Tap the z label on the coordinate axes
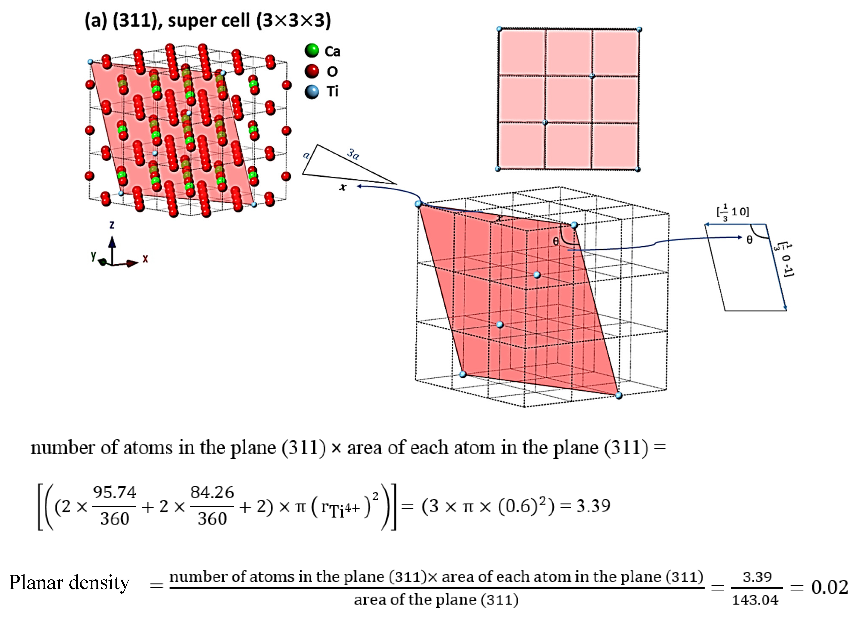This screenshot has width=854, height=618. coord(112,225)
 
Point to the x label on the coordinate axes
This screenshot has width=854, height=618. coord(145,259)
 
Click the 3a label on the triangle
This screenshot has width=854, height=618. coord(353,154)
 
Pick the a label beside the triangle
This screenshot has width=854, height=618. coord(307,155)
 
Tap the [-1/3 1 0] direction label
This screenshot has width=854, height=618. coord(733,212)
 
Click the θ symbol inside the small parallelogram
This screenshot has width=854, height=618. coord(749,240)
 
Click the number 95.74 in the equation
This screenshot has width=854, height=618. coord(114,492)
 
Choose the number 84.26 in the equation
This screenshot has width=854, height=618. coord(212,492)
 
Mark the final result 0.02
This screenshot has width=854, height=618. coord(829,587)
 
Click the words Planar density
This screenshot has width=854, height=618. coord(69,583)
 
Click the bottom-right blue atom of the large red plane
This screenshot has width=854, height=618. coord(619,395)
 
